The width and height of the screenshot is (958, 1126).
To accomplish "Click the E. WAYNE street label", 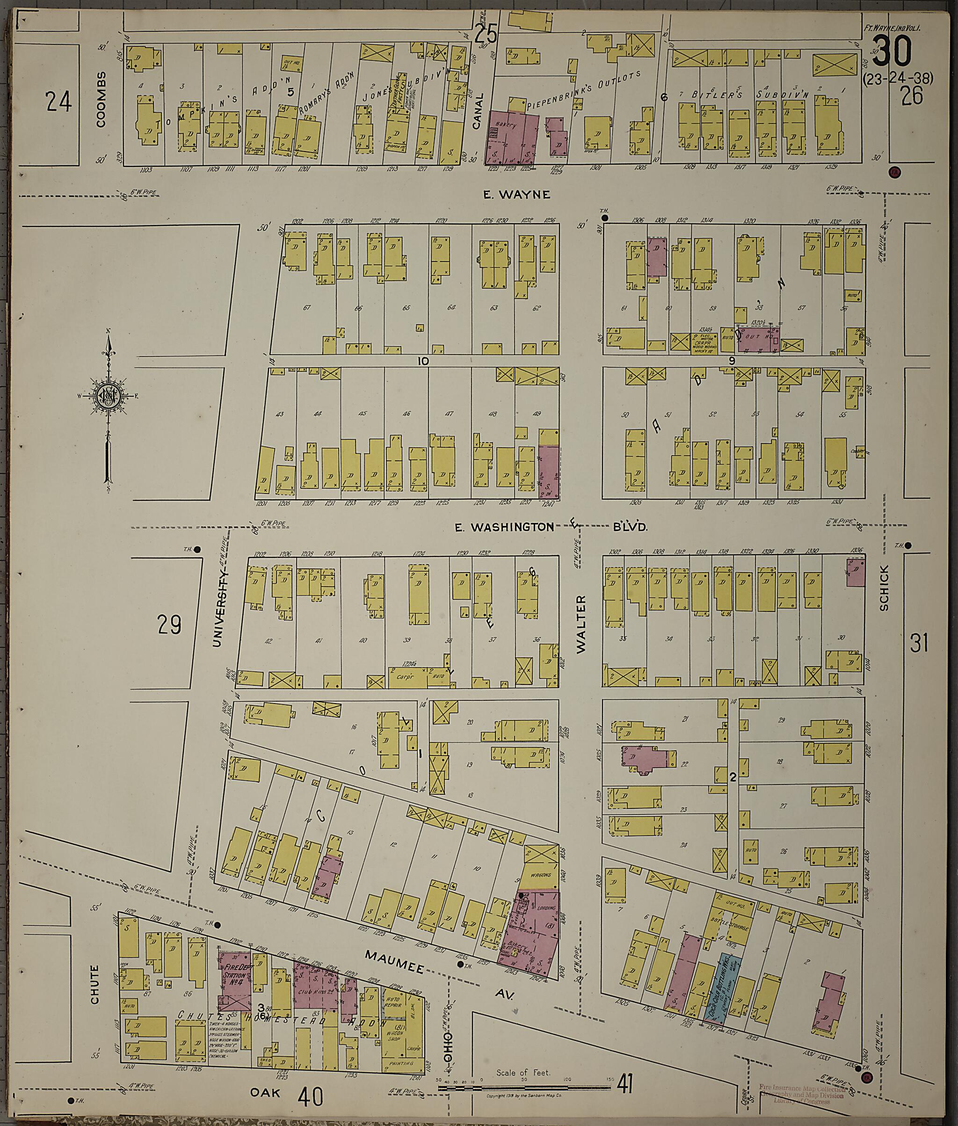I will click(x=517, y=195).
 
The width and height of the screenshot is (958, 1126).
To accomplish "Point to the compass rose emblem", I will click(x=109, y=395).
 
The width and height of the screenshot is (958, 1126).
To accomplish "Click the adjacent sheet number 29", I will click(x=169, y=624).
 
